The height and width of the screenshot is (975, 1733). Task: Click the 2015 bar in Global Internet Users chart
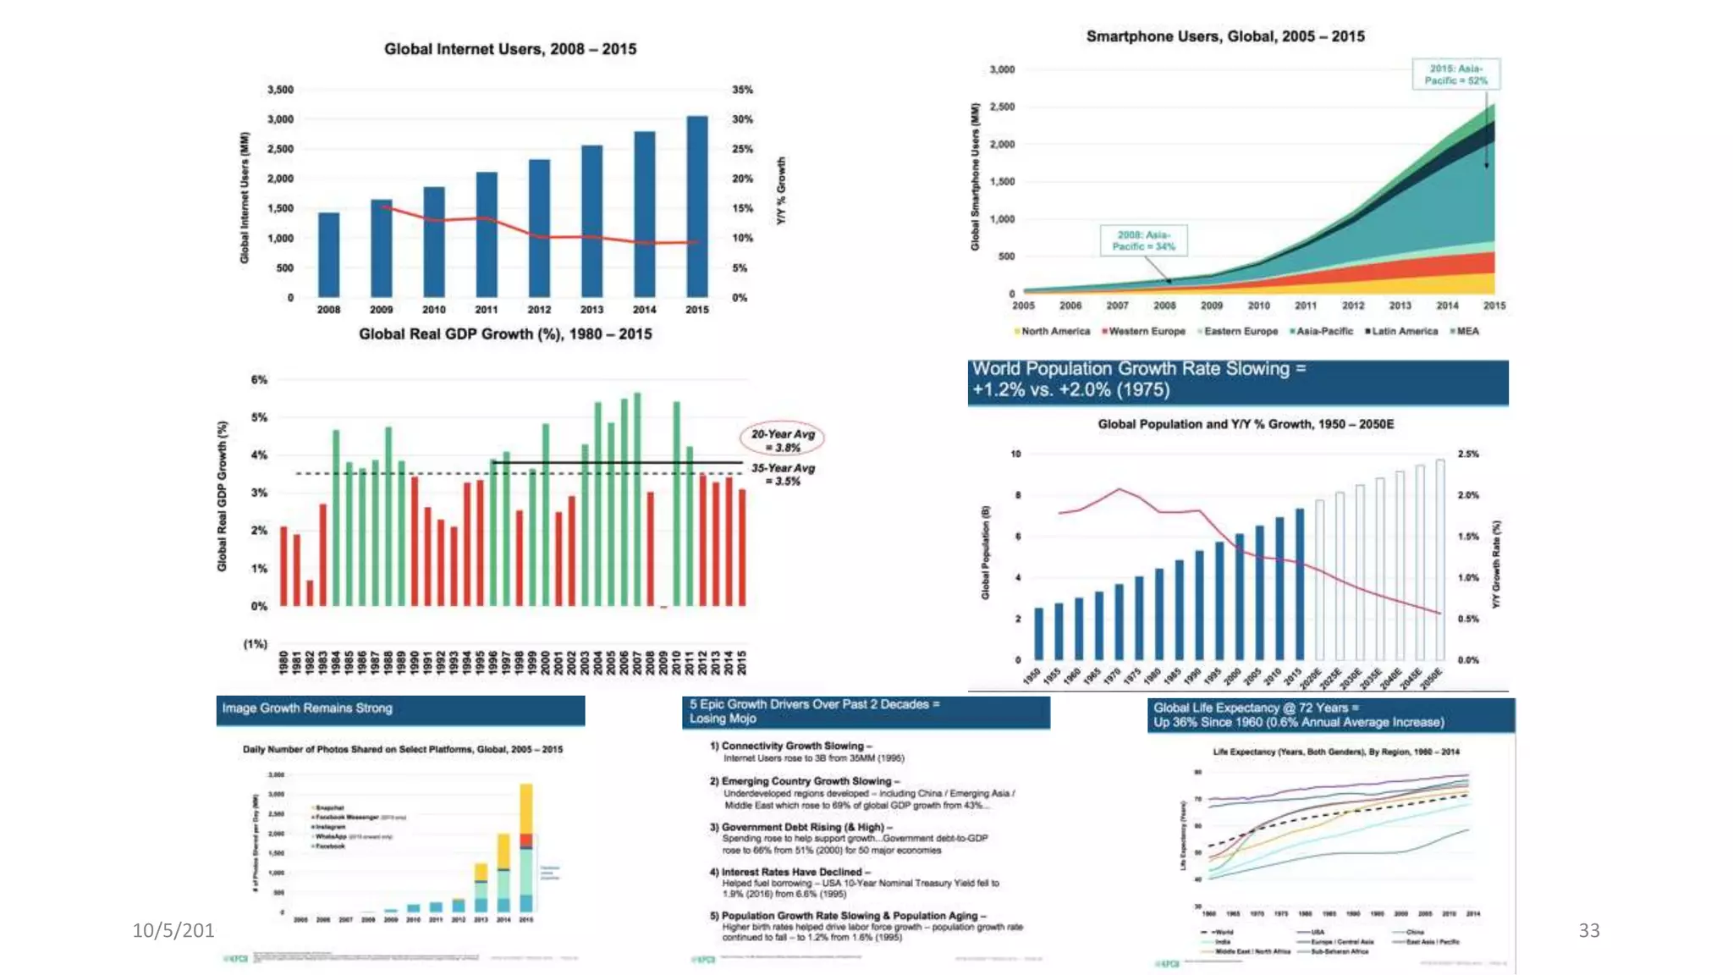[x=696, y=207]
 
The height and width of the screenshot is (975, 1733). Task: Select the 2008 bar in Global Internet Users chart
[x=328, y=255]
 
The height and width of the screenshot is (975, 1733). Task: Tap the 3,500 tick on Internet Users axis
[x=280, y=90]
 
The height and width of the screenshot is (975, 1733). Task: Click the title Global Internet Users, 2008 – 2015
[x=510, y=49]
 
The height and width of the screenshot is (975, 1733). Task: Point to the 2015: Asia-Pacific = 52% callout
[x=1455, y=74]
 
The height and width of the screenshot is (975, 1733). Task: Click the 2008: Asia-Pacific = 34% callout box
[x=1143, y=240]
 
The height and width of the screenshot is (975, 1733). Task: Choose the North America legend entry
[x=1052, y=332]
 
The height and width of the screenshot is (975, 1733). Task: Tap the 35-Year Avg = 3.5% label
[x=783, y=474]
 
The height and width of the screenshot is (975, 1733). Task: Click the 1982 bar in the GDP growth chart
[x=310, y=592]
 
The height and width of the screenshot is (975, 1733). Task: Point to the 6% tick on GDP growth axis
[x=259, y=380]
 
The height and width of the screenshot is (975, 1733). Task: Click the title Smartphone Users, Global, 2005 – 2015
[x=1225, y=36]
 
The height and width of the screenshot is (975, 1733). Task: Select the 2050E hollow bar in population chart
[x=1440, y=559]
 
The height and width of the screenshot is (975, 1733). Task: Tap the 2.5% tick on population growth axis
[x=1468, y=454]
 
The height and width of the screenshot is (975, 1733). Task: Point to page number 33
[x=1589, y=931]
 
